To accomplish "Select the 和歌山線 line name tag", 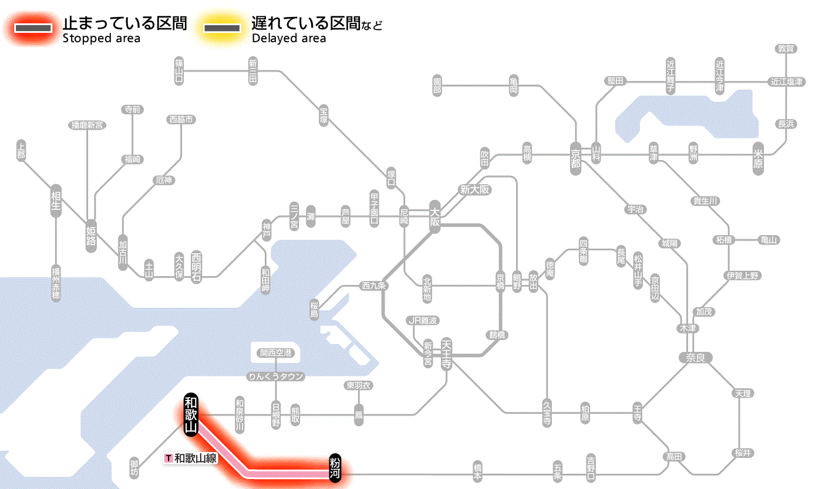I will tap(191, 459).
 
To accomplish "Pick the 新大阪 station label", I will tap(474, 189).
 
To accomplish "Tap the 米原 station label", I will tap(758, 157).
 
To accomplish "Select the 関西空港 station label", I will tap(275, 353).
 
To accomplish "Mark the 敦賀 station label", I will tap(786, 49).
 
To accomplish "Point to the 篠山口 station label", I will tap(179, 71).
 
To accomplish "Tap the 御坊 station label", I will tap(134, 467).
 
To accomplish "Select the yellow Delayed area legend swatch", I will tap(221, 28).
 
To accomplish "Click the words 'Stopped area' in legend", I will tap(102, 39).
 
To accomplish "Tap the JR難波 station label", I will tap(423, 320).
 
